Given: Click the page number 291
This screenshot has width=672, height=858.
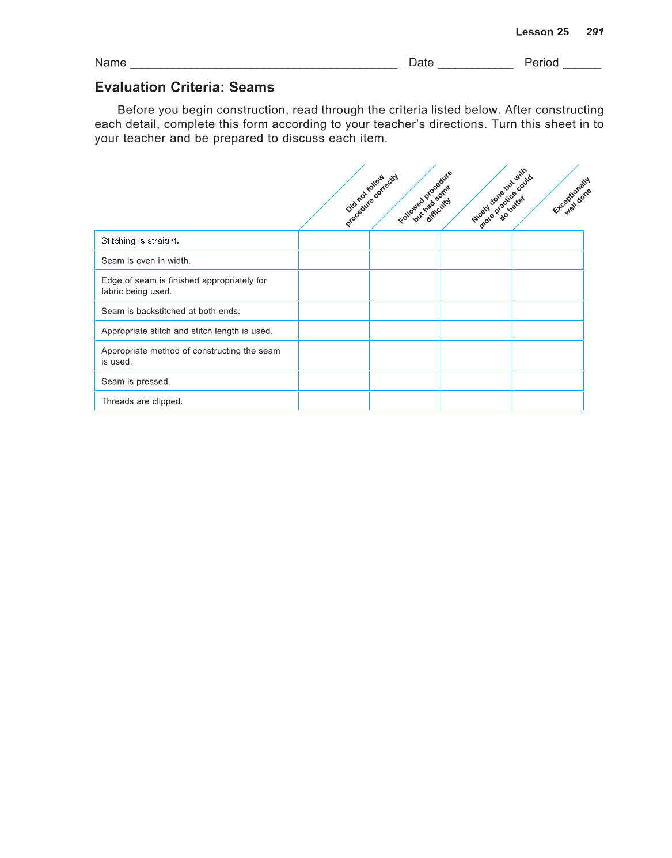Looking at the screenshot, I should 595,32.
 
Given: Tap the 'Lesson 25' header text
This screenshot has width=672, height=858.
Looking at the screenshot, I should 542,32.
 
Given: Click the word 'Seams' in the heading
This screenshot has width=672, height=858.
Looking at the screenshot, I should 252,87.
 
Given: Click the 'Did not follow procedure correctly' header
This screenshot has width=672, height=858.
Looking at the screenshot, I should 371,200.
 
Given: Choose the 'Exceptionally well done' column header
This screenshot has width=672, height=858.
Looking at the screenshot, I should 571,196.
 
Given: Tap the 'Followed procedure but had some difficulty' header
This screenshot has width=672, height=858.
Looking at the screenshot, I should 425,197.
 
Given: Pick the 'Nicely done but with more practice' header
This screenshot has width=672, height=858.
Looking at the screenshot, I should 500,198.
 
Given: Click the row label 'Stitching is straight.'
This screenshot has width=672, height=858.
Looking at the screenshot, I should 140,241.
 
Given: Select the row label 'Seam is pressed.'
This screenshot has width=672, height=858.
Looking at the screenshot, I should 136,381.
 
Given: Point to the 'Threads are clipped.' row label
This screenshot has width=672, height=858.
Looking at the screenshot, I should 142,401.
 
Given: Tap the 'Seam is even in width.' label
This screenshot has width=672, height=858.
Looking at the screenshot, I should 146,260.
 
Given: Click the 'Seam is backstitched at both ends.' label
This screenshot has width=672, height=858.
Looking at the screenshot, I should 170,311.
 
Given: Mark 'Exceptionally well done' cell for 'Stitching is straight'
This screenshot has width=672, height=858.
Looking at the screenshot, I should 548,241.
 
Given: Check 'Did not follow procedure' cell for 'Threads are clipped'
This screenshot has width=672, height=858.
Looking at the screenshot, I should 334,401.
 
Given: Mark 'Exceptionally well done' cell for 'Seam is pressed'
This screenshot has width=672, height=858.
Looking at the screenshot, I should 548,381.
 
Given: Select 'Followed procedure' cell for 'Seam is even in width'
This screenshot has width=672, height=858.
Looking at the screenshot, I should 405,260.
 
